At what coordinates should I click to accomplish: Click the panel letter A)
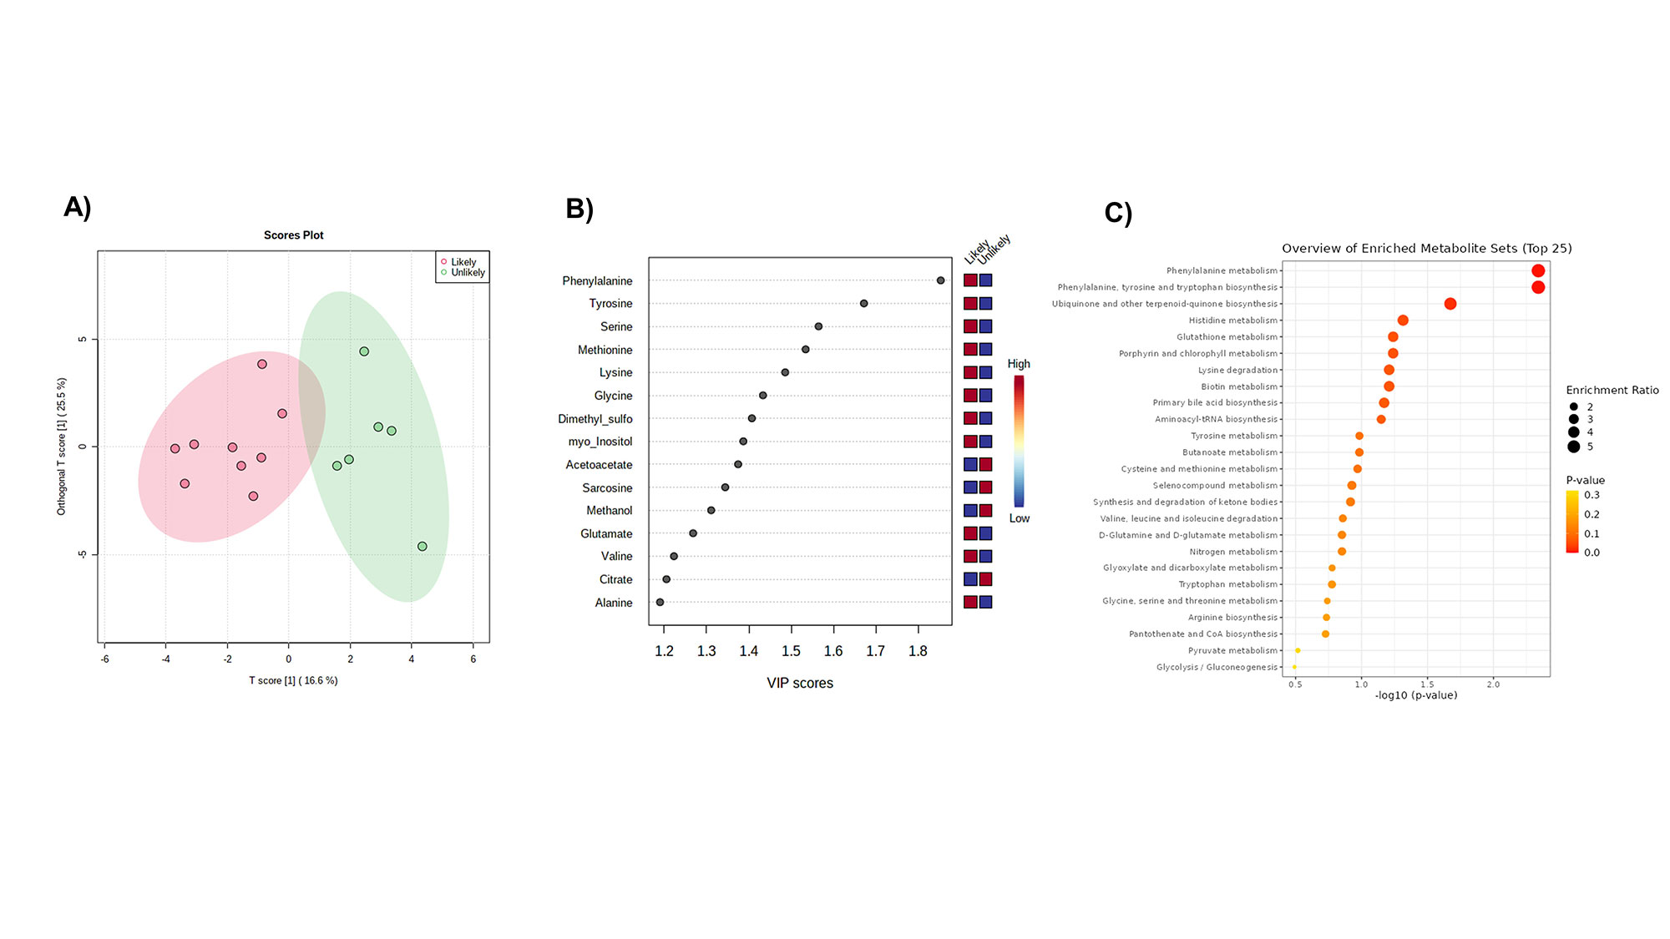tap(77, 207)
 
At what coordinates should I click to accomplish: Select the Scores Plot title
tap(293, 235)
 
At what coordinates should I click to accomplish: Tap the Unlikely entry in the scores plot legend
tap(468, 273)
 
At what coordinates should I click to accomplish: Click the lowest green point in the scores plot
tap(422, 547)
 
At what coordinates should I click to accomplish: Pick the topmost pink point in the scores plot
tap(262, 364)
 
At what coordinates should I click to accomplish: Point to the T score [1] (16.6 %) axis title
tap(293, 681)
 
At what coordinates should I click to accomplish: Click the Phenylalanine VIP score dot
tap(940, 280)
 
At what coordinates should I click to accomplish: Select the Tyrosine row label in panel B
tap(610, 304)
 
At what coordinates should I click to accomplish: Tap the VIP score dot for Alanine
tap(660, 602)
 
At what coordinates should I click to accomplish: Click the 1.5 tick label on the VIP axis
tap(791, 651)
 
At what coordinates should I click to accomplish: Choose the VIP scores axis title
tap(800, 684)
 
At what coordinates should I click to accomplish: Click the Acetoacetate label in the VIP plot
tap(599, 465)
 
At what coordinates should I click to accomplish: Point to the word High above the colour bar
tap(1019, 364)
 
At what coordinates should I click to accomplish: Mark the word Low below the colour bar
tap(1019, 518)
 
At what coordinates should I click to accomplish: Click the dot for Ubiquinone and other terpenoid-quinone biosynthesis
tap(1450, 304)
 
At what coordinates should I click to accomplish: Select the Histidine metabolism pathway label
tap(1232, 321)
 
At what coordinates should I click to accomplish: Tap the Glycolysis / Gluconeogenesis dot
tap(1294, 667)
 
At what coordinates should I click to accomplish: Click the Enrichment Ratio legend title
tap(1612, 391)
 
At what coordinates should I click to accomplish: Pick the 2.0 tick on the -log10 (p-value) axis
tap(1493, 684)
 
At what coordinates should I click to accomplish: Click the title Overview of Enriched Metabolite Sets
tap(1426, 249)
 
